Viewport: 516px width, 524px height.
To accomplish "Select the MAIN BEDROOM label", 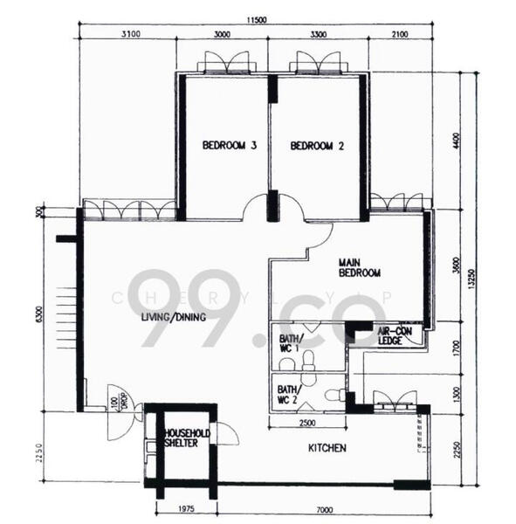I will [x=360, y=267].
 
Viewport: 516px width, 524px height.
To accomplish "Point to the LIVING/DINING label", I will [x=174, y=317].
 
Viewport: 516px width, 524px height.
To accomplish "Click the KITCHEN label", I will [x=327, y=448].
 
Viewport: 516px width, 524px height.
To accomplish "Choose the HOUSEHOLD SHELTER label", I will [x=181, y=438].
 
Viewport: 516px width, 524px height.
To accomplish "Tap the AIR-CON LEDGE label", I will [x=395, y=335].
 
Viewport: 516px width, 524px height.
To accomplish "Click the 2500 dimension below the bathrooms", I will [x=306, y=424].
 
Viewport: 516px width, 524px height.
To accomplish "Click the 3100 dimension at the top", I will [x=128, y=35].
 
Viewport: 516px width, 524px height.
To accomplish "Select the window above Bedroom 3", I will [x=225, y=64].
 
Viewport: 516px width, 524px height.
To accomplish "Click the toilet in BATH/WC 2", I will [x=333, y=395].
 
